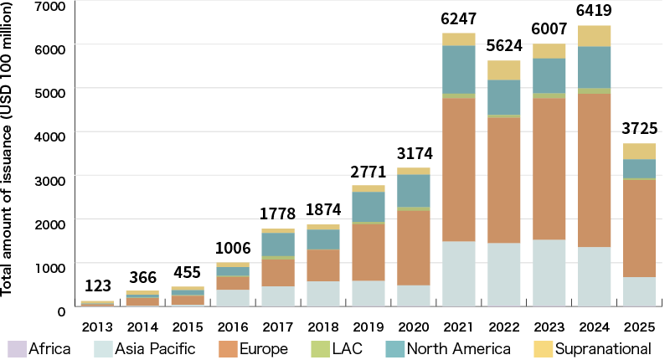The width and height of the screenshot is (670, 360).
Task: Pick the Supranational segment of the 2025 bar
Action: click(640, 151)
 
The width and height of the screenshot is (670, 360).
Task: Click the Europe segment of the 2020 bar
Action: click(413, 248)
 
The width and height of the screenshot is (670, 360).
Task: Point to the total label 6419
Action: click(595, 12)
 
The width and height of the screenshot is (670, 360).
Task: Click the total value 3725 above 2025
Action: click(640, 129)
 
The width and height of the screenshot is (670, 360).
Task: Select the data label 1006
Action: click(231, 249)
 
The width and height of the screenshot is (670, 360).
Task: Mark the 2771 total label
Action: click(368, 172)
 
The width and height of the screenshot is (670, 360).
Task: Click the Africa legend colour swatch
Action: click(16, 348)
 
